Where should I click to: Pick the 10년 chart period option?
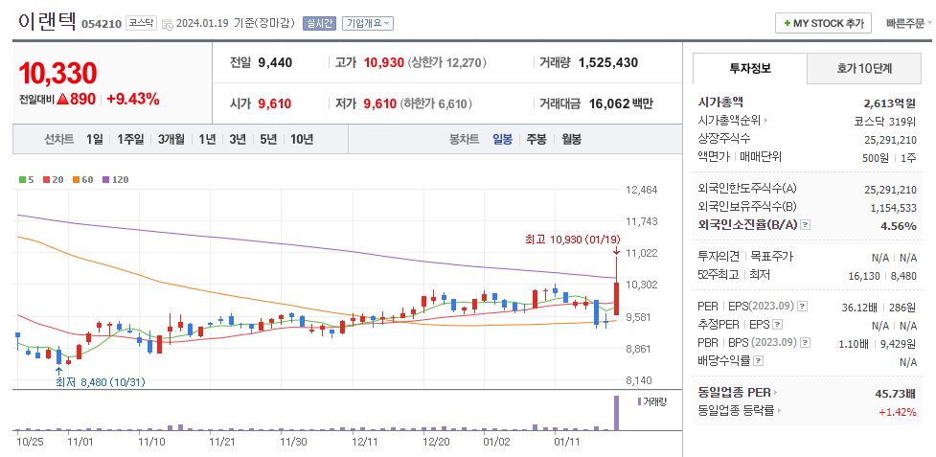(x=301, y=139)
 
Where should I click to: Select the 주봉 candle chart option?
(x=536, y=139)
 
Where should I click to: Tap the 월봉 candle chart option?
(x=571, y=139)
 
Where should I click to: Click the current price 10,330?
(x=57, y=73)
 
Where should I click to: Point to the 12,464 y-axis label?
(x=641, y=190)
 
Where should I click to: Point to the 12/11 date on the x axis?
(x=365, y=442)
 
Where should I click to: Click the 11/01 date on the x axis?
(x=81, y=442)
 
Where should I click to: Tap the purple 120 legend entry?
(x=116, y=179)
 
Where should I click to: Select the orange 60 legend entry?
(x=83, y=179)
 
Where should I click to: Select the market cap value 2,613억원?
(x=890, y=102)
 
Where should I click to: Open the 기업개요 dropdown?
(x=368, y=23)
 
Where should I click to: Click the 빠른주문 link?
(x=907, y=23)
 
